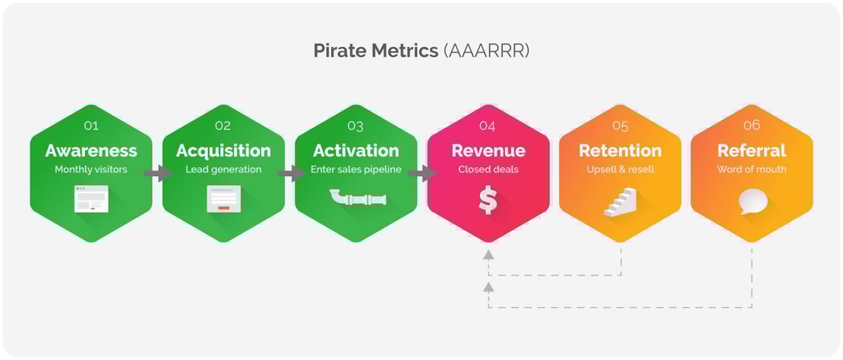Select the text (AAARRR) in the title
pos(485,51)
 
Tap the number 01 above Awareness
pos(90,125)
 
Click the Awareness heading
pos(91,150)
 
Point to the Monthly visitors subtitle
pos(91,169)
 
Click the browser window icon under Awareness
pos(91,198)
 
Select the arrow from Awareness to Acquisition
pos(157,174)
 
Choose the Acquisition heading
pos(223,150)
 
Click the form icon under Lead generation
pos(223,198)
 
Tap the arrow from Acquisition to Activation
pos(290,174)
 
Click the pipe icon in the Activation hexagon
pos(357,199)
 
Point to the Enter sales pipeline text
pos(356,169)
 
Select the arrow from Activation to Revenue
pos(422,174)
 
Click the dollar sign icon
pos(488,200)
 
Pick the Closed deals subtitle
pos(488,169)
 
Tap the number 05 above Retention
pos(620,125)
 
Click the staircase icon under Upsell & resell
pos(620,203)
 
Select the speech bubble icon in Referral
pos(753,201)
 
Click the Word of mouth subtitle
pos(752,169)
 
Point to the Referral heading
pos(752,150)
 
